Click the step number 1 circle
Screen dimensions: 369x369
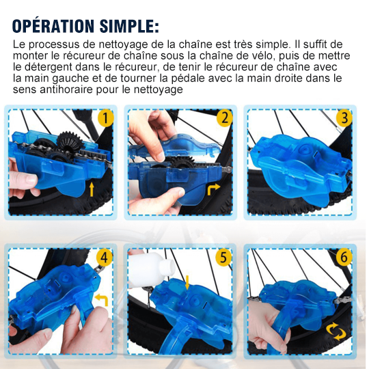point(105,118)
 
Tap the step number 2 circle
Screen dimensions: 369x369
point(223,118)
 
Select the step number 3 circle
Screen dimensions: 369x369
point(345,118)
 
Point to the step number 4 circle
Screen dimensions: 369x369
point(105,258)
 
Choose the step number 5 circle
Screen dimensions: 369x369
point(223,258)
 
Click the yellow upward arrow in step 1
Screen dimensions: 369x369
point(93,188)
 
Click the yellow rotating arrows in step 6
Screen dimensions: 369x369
point(336,332)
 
